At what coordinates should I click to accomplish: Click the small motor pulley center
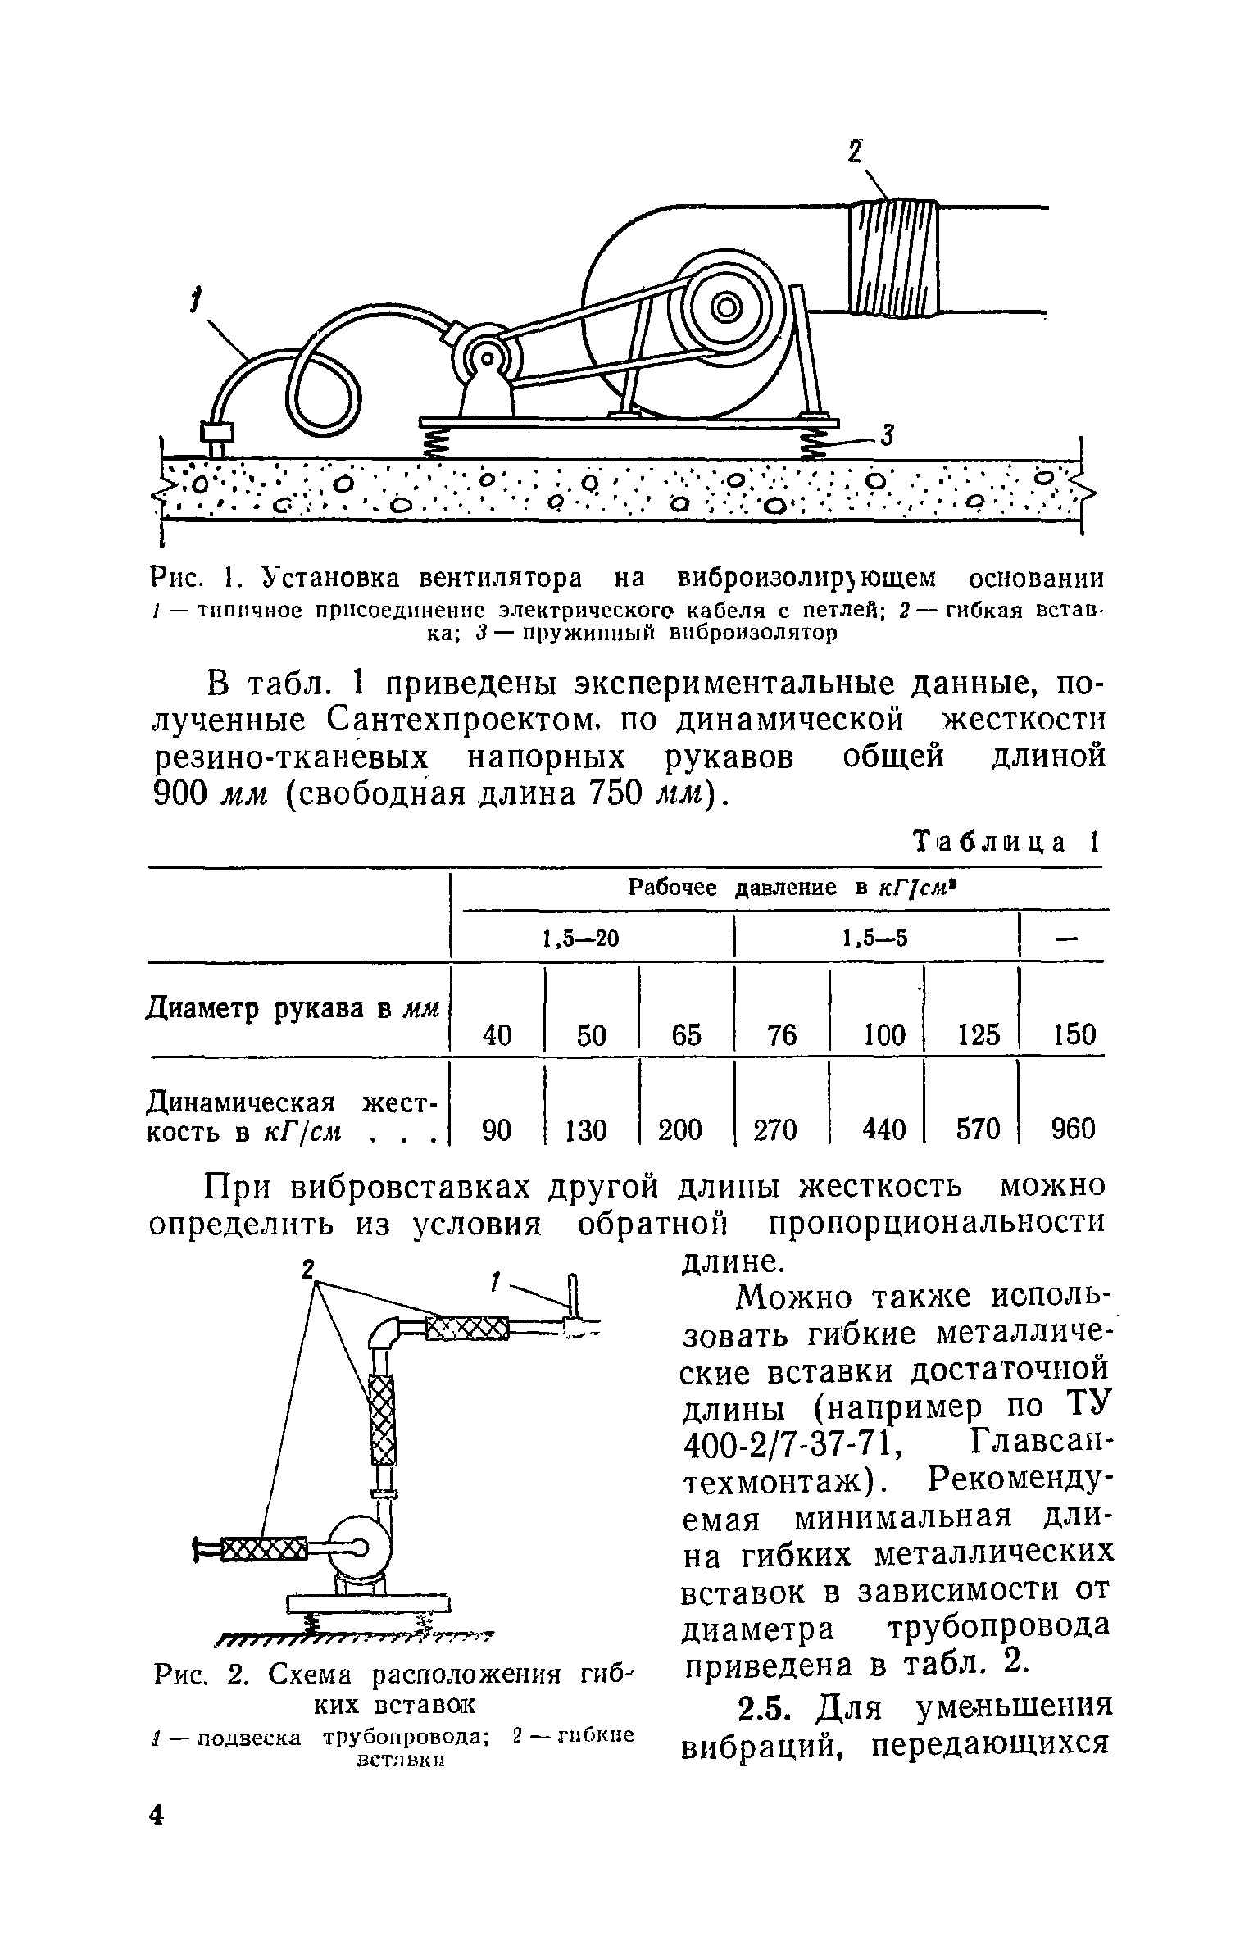pos(488,358)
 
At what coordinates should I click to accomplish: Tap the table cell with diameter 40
pos(497,1035)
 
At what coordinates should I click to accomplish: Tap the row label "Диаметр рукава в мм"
pos(293,1008)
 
